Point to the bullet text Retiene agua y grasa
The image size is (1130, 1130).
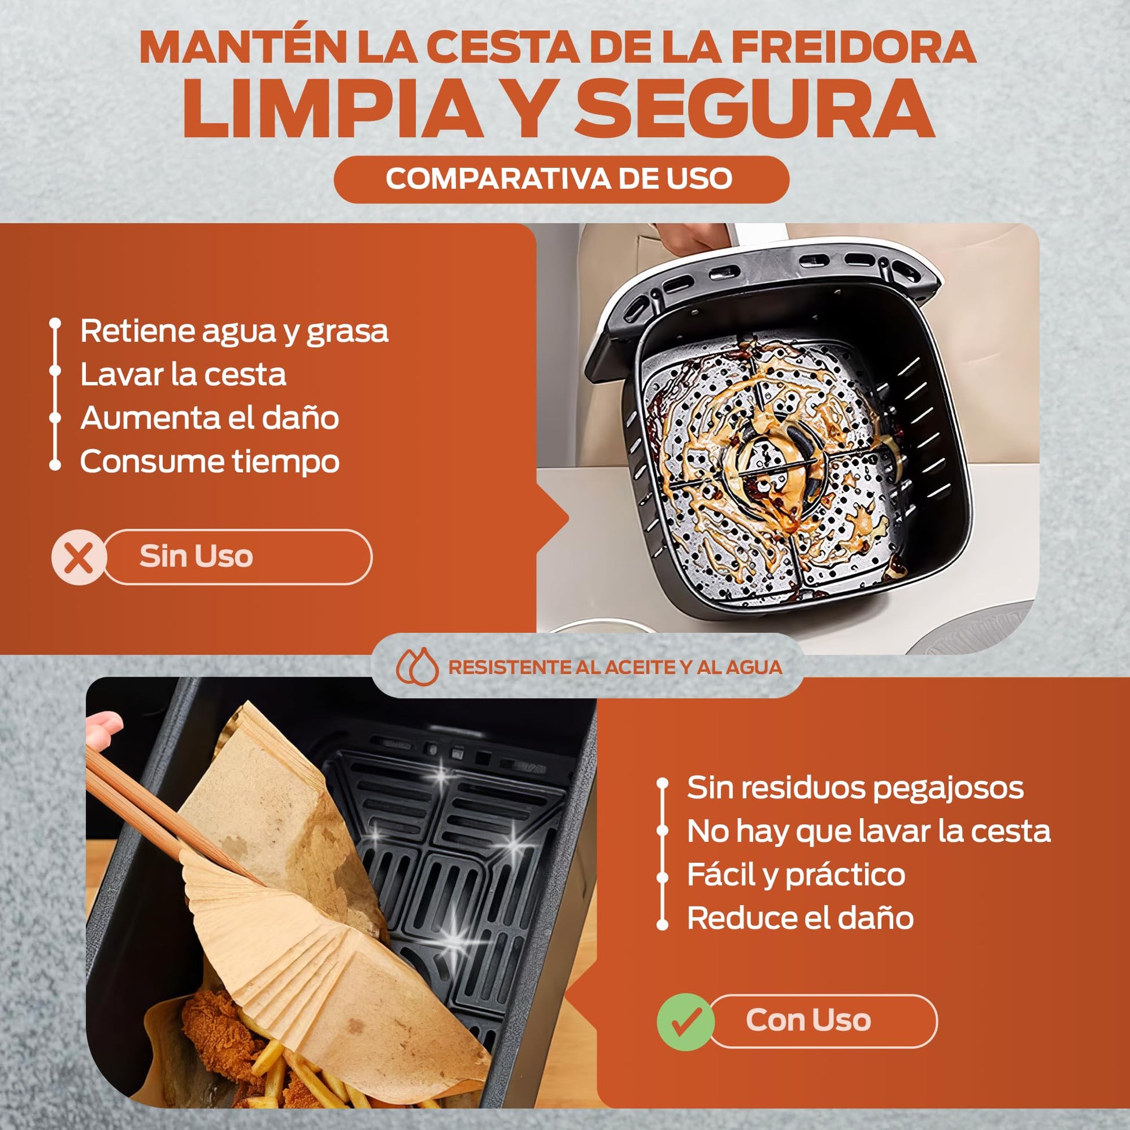pos(234,332)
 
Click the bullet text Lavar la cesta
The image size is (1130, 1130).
pos(183,375)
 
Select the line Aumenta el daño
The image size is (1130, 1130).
pos(210,418)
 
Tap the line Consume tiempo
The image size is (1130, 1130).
pos(210,462)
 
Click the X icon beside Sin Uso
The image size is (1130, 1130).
pos(79,557)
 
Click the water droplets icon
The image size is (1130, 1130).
pos(417,667)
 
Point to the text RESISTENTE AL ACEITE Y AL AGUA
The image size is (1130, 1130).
pos(616,667)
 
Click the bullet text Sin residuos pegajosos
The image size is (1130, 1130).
pos(855,788)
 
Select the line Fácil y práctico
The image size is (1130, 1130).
pos(796,875)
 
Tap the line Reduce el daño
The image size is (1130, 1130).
pos(800,918)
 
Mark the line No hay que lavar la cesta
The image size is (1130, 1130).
pos(869,831)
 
